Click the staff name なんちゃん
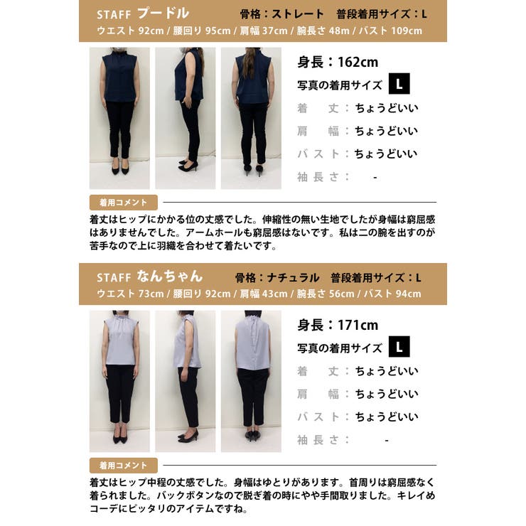tap(171, 277)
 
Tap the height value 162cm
tap(348, 63)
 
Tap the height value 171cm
tap(348, 326)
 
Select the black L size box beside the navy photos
tap(399, 85)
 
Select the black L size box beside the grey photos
tap(399, 348)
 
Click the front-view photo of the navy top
tap(119, 118)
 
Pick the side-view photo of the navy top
tap(185, 118)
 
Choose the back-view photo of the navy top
tap(251, 118)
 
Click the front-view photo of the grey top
tap(119, 381)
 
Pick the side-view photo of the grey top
tap(185, 381)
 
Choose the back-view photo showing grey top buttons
tap(251, 381)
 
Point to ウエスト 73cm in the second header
tap(127, 294)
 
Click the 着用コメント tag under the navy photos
tap(123, 202)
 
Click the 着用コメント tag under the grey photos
tap(123, 466)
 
